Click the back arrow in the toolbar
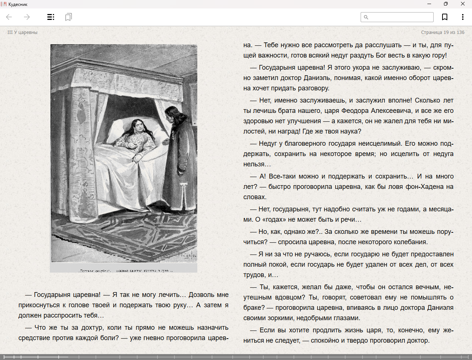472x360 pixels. (x=9, y=17)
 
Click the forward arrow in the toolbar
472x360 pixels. (x=27, y=17)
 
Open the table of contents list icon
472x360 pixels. (x=51, y=17)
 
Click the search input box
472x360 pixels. (x=400, y=17)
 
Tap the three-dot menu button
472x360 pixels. (x=462, y=17)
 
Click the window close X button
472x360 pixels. (x=462, y=4)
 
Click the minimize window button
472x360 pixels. (x=429, y=4)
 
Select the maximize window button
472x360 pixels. (x=446, y=4)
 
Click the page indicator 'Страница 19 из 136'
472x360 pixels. (x=442, y=32)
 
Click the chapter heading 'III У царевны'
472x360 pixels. (x=22, y=32)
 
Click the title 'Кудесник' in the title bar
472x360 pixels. (x=18, y=4)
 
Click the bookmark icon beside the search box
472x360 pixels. (x=445, y=17)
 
